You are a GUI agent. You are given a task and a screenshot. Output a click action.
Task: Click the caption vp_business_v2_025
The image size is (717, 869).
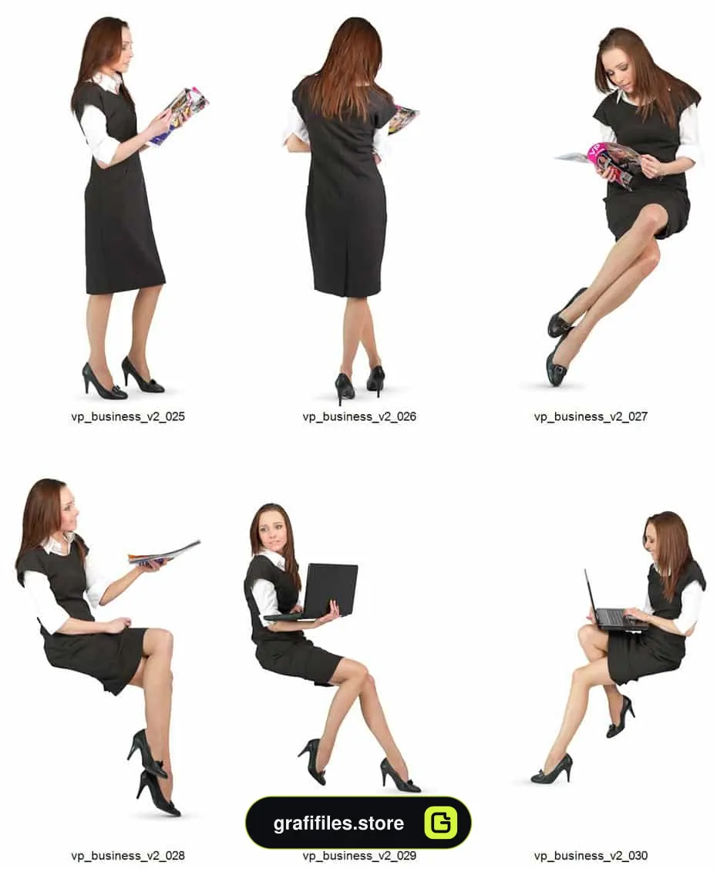pyautogui.click(x=128, y=416)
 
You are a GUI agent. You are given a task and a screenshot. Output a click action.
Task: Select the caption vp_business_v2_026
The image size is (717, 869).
pyautogui.click(x=359, y=416)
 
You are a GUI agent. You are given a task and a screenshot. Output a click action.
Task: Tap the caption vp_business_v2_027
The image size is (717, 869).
pyautogui.click(x=591, y=416)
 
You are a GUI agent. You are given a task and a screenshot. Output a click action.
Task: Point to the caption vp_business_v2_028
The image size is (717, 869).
pyautogui.click(x=128, y=856)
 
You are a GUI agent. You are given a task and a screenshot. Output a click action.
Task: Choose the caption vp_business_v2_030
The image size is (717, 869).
pyautogui.click(x=591, y=856)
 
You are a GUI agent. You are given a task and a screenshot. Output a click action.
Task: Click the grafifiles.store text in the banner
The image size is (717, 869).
pyautogui.click(x=338, y=823)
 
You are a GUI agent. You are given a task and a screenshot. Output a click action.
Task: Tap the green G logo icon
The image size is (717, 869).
pyautogui.click(x=440, y=823)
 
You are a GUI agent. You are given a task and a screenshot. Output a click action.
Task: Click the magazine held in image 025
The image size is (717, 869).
pyautogui.click(x=178, y=116)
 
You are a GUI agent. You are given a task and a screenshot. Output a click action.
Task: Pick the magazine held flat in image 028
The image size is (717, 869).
pyautogui.click(x=164, y=553)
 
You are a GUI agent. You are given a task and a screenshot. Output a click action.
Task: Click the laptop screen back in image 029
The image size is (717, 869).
pyautogui.click(x=331, y=590)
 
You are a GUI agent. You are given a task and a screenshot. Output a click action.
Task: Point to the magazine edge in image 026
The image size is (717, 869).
pyautogui.click(x=402, y=120)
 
